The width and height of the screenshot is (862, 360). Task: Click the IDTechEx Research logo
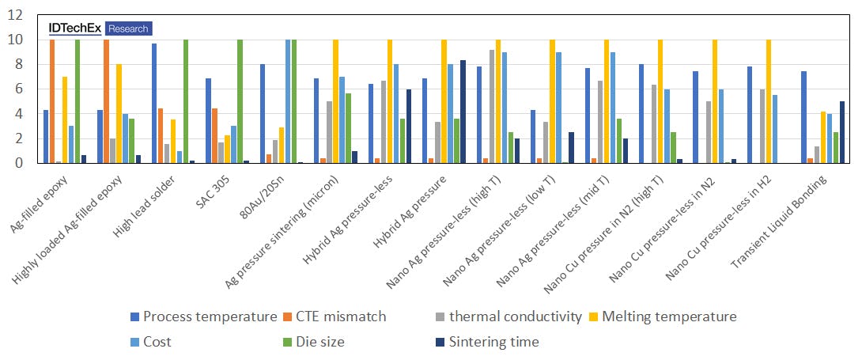[99, 28]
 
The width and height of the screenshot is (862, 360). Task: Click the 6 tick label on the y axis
[18, 89]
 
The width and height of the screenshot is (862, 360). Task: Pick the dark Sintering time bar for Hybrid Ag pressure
[463, 112]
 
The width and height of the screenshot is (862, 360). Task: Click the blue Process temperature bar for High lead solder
[154, 104]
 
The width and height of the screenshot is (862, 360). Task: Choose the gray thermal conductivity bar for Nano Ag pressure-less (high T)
[491, 107]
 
